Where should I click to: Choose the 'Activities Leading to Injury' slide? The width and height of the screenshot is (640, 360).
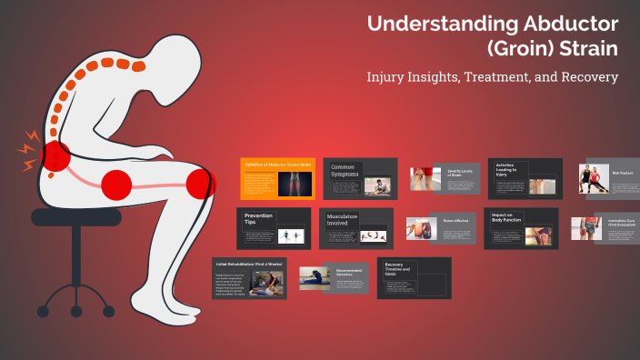pyautogui.click(x=525, y=178)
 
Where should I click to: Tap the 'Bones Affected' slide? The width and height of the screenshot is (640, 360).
pyautogui.click(x=442, y=228)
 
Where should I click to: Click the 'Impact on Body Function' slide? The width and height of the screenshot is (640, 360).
pyautogui.click(x=521, y=228)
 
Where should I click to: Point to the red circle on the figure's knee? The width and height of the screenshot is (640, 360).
pyautogui.click(x=200, y=185)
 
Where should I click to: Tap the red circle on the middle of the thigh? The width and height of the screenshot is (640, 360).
pyautogui.click(x=116, y=185)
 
